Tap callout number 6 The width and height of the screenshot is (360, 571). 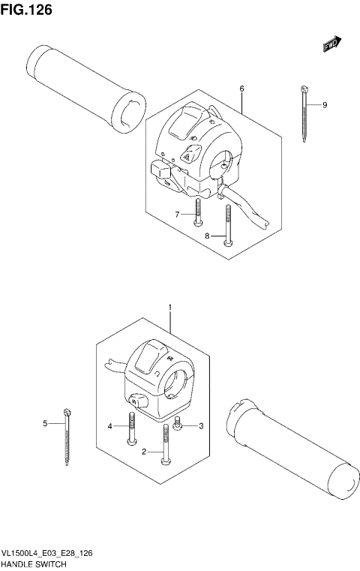tap(242, 89)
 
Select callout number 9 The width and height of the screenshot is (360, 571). tap(325, 105)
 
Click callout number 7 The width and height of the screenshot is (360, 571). tap(178, 215)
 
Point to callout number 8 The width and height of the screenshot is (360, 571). tap(207, 236)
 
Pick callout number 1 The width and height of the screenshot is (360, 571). tap(170, 308)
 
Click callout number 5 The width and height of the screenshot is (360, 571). tap(44, 424)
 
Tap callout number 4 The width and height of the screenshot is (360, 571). tap(109, 426)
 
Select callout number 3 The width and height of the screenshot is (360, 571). tap(200, 426)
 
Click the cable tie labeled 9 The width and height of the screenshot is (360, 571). tap(305, 113)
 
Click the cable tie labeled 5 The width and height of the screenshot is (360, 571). tap(67, 435)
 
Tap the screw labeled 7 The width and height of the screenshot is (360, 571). tap(197, 211)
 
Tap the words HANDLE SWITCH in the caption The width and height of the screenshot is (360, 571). tap(34, 563)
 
